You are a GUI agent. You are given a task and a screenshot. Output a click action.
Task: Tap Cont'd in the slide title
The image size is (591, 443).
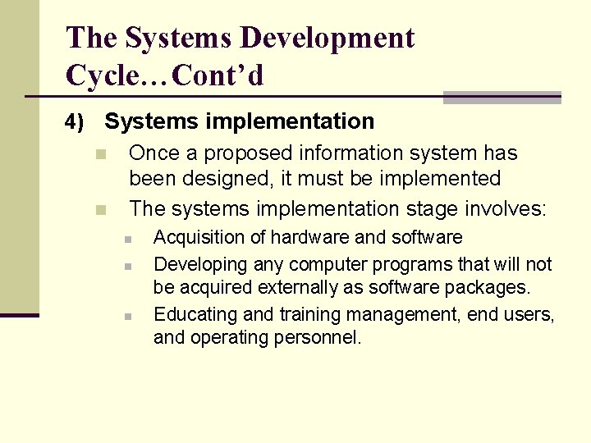coord(220,76)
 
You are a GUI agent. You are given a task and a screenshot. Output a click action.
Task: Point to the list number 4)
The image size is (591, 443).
coord(75,123)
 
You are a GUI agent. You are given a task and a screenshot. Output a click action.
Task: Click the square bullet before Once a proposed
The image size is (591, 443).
coord(101,154)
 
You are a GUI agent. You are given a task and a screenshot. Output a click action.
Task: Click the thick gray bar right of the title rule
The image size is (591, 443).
coord(502,97)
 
